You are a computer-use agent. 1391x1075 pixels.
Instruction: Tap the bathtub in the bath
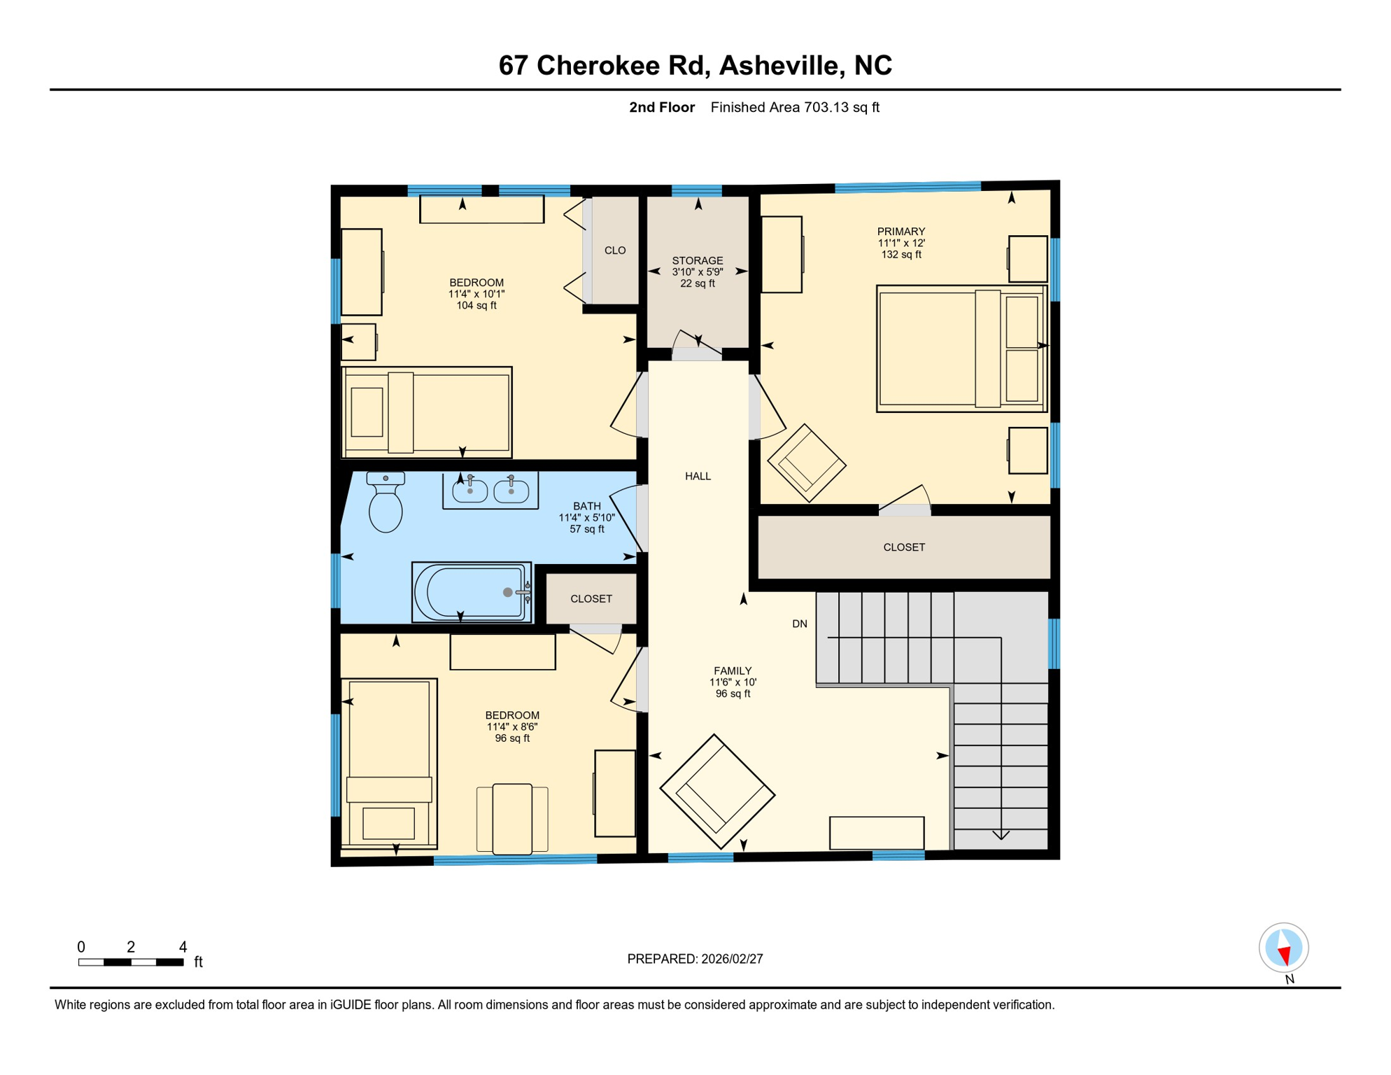click(x=472, y=592)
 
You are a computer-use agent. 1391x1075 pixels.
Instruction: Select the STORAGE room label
click(x=698, y=261)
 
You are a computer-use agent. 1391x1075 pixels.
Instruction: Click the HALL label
click(x=698, y=477)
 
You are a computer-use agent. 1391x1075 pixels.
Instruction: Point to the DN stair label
click(x=800, y=624)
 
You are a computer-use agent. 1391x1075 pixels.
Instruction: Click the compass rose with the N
click(x=1283, y=948)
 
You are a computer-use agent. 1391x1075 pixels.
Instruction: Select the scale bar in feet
click(x=131, y=962)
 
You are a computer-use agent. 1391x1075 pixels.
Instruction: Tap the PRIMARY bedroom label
click(x=901, y=232)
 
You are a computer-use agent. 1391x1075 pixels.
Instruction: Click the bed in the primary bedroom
click(x=961, y=349)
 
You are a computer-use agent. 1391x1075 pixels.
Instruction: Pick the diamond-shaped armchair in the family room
click(x=717, y=792)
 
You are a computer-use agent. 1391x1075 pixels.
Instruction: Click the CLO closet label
click(x=615, y=251)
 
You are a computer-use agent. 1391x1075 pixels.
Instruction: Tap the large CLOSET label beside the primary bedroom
click(x=904, y=547)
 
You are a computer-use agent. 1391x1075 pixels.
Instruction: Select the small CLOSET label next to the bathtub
click(x=591, y=599)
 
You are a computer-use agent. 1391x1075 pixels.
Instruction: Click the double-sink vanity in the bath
click(x=490, y=491)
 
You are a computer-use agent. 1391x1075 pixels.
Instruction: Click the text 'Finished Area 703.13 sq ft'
click(x=795, y=107)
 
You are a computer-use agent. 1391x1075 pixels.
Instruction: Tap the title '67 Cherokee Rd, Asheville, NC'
click(x=695, y=65)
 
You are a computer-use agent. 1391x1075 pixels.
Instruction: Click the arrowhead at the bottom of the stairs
click(x=1001, y=834)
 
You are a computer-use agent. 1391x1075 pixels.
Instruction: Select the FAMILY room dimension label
click(x=733, y=682)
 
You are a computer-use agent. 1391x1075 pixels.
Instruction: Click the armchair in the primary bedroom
click(x=807, y=463)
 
